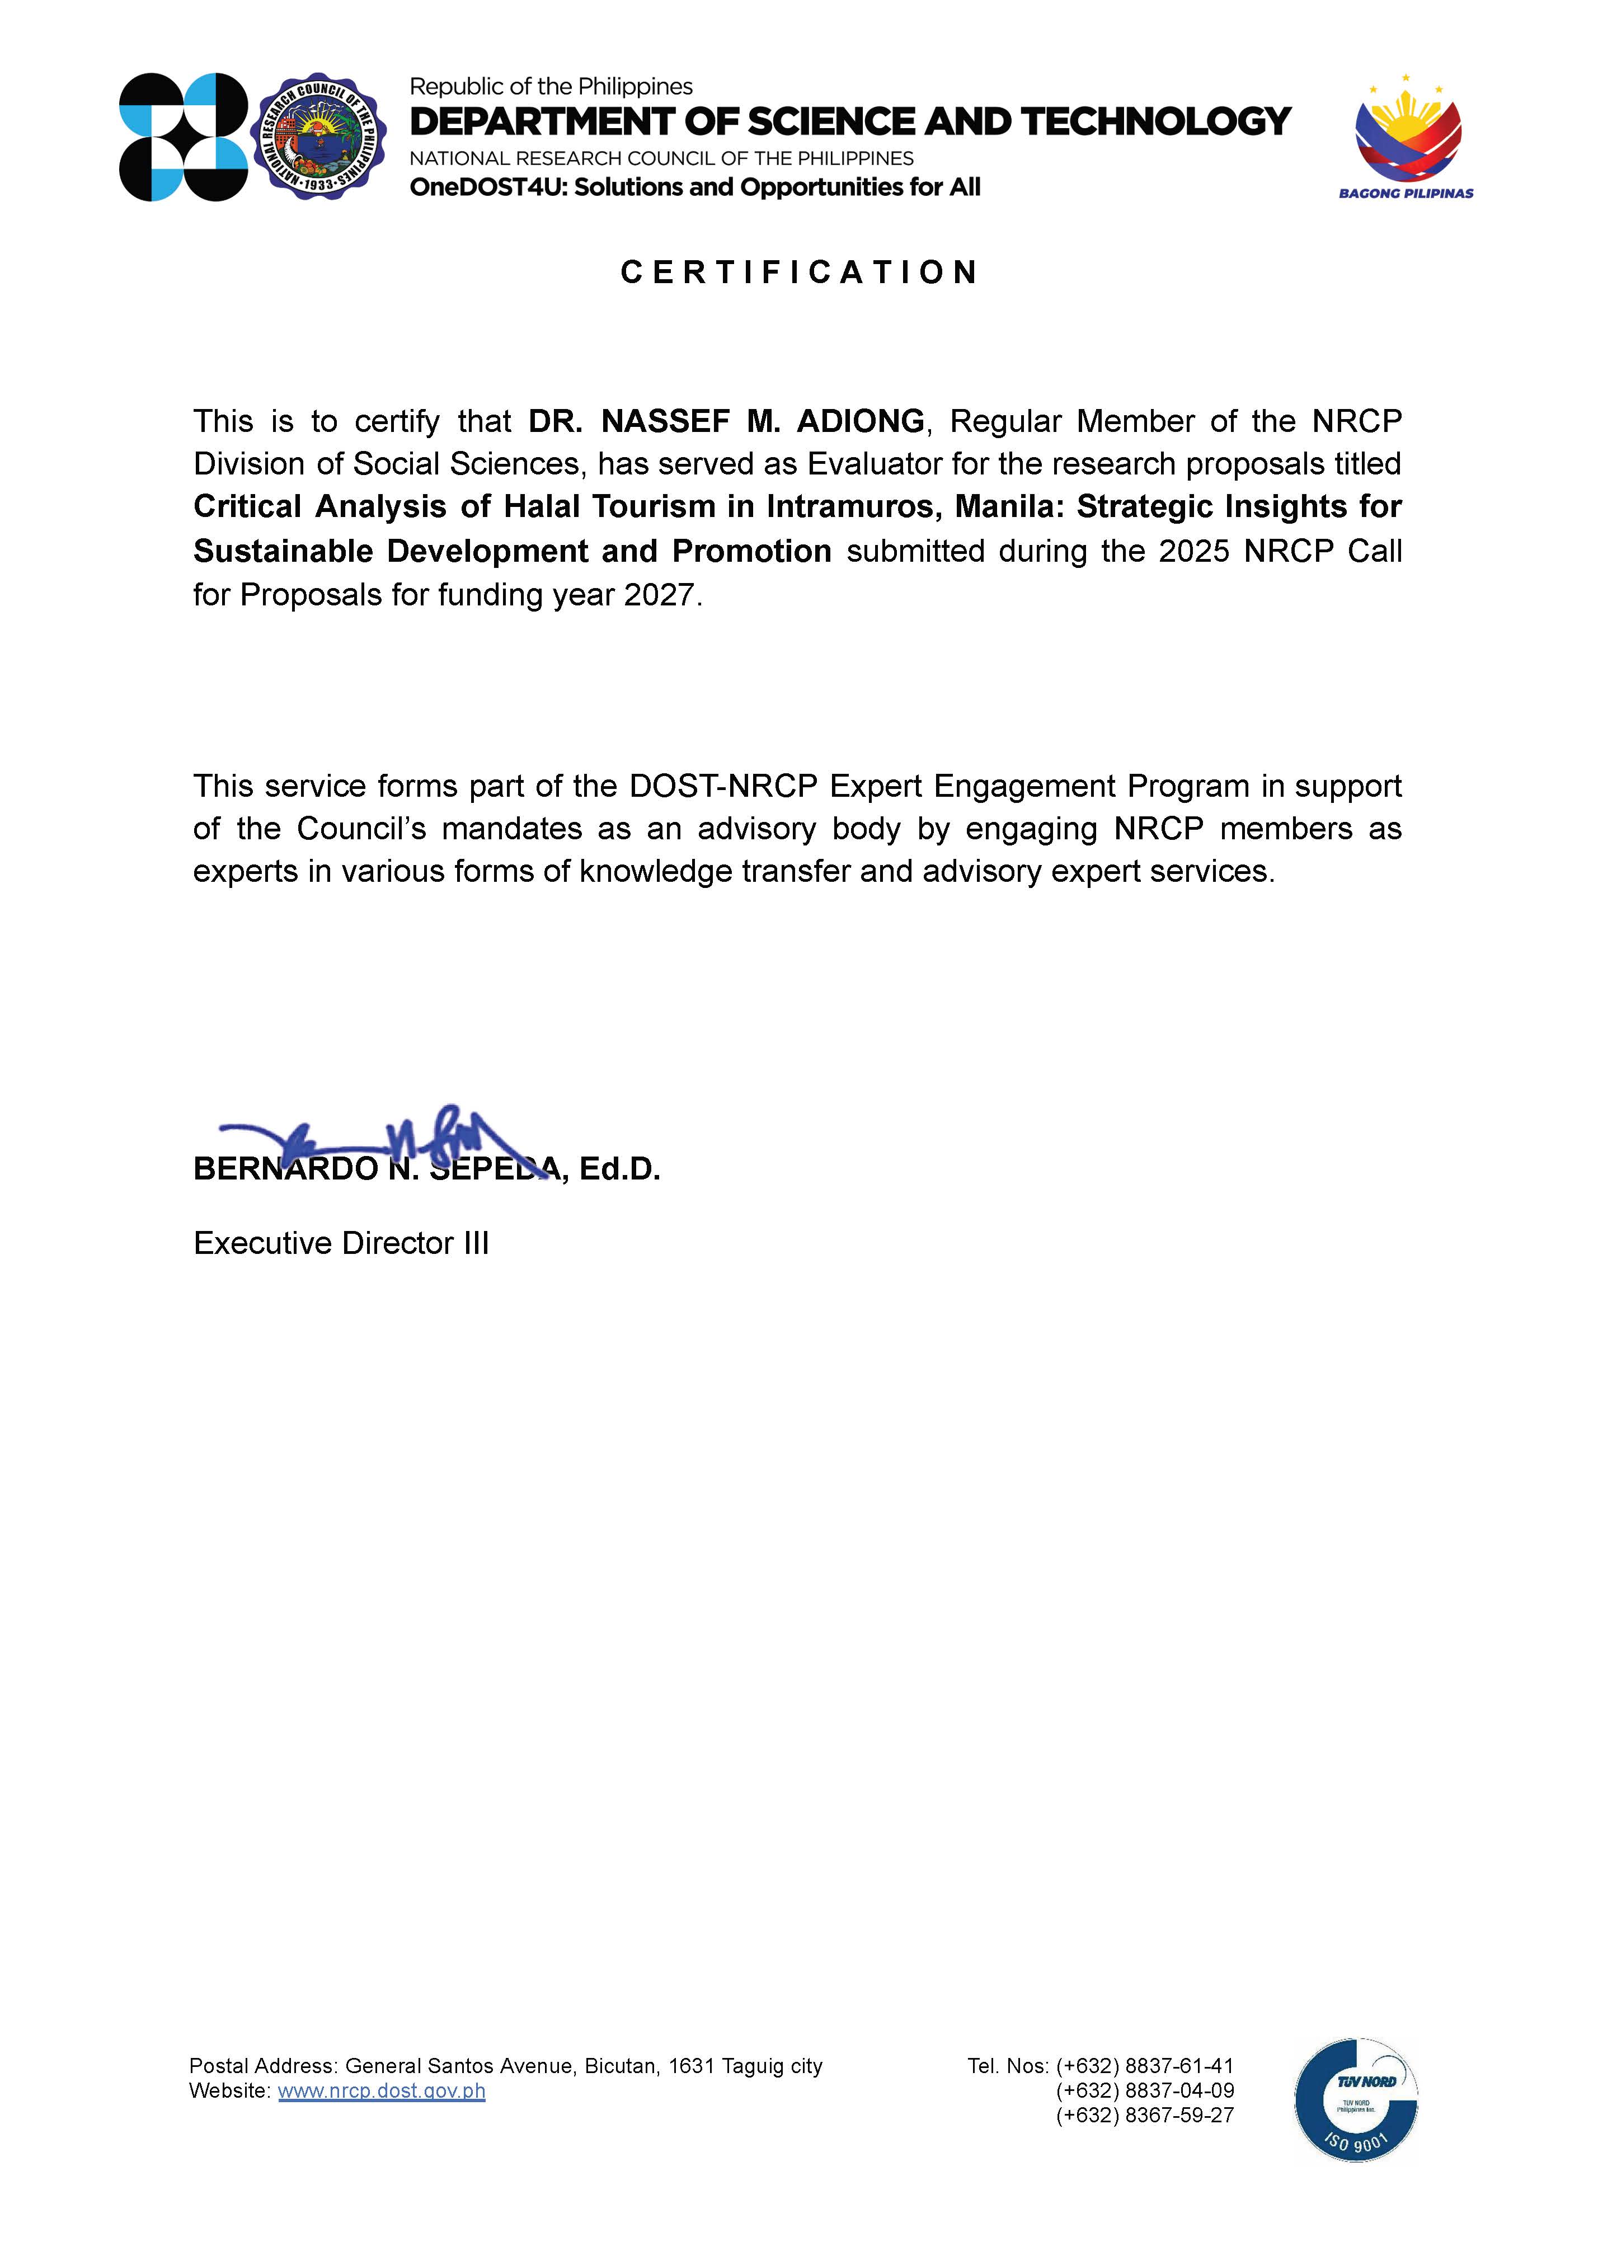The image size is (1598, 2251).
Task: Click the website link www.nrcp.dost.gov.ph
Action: [382, 2090]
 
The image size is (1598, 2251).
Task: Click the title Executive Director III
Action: [340, 1243]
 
